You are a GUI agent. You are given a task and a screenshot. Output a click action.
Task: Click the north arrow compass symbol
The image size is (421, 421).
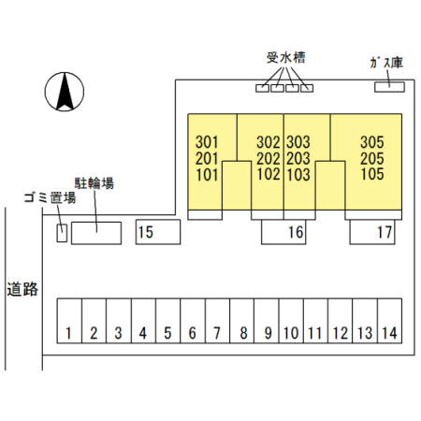pos(65,92)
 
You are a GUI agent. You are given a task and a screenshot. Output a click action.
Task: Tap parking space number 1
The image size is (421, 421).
pos(69,321)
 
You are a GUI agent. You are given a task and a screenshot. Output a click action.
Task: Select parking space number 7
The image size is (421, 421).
pos(217,321)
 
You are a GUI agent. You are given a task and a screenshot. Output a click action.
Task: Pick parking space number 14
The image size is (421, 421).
pos(389,321)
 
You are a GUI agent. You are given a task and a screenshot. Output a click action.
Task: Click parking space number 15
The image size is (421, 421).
pos(158,232)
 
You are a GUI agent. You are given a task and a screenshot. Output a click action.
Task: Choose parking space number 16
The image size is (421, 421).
pos(283,232)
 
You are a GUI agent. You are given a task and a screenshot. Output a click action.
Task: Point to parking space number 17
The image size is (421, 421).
pos(372,232)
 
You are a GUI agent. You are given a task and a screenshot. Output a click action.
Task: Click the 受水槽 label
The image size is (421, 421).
pos(285,58)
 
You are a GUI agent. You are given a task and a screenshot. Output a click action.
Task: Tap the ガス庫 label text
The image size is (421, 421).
pos(386,63)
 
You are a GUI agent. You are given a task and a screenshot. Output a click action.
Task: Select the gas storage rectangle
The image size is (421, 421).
pos(389,87)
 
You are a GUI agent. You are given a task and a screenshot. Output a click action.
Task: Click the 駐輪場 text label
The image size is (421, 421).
pos(94,183)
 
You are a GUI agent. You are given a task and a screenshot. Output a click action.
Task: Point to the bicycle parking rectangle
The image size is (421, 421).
pos(96,233)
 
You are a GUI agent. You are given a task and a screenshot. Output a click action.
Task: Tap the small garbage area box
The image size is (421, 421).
pos(62,233)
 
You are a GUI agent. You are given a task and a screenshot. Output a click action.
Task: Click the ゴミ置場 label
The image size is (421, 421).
pos(50,197)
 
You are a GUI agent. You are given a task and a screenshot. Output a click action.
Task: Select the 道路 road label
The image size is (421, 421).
pos(22,289)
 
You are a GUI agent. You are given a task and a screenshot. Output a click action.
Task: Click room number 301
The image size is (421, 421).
pos(207,142)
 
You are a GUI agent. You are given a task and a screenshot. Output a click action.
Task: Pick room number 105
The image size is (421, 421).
pos(372,174)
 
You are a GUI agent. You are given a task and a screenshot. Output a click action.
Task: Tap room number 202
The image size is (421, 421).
pos(269,158)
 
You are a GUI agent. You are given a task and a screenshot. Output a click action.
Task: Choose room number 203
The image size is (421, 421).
pos(298,158)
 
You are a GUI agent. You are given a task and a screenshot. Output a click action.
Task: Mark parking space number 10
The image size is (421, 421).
pos(291,321)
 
